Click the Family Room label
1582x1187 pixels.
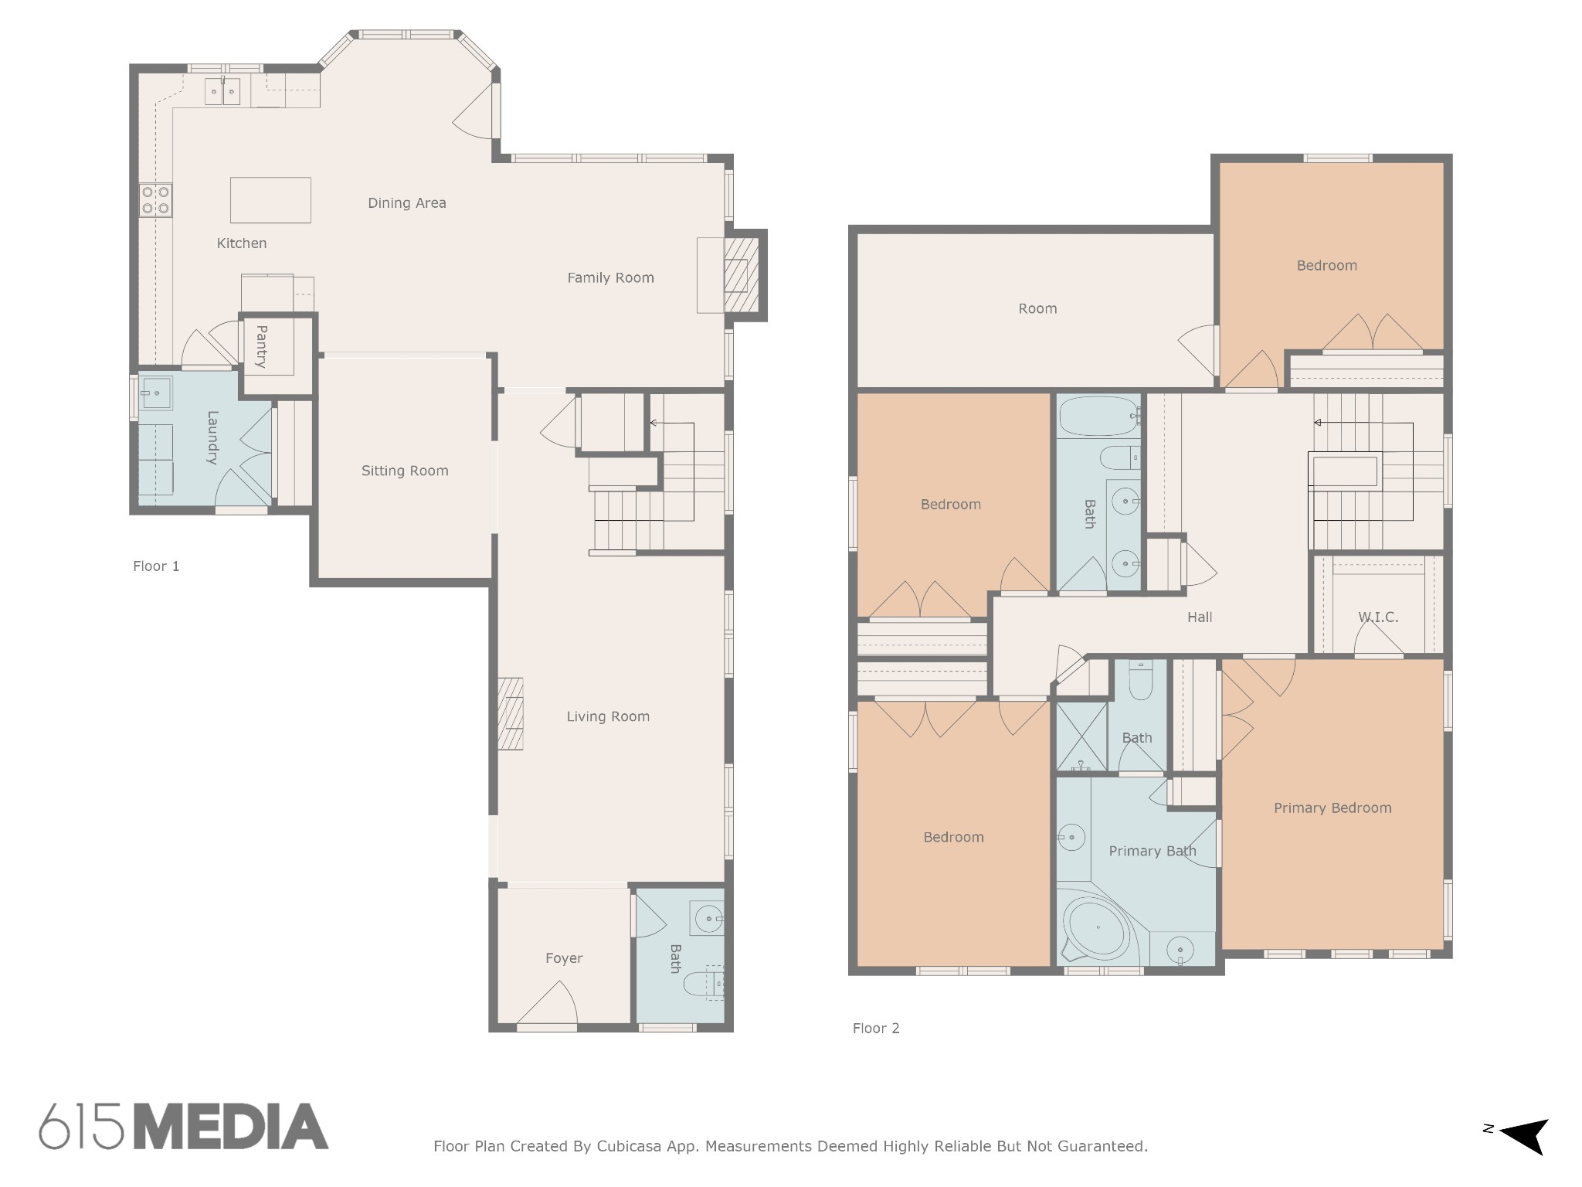tap(610, 278)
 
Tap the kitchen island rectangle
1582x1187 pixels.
tap(270, 200)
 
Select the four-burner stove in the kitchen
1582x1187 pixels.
tap(155, 200)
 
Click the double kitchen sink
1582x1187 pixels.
tap(223, 92)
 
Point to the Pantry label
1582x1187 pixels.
tap(262, 346)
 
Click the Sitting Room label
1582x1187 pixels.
tap(405, 471)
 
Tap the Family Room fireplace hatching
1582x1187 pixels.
tap(741, 275)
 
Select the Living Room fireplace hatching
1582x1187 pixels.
tap(510, 713)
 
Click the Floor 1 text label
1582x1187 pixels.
tap(156, 566)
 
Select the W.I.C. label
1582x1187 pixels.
tap(1378, 617)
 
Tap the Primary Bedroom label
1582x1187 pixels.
tap(1332, 808)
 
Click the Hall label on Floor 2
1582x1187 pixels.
tap(1200, 617)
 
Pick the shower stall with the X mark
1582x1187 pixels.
tap(1081, 736)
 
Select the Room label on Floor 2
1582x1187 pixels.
tap(1037, 309)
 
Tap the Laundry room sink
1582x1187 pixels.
tap(156, 393)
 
